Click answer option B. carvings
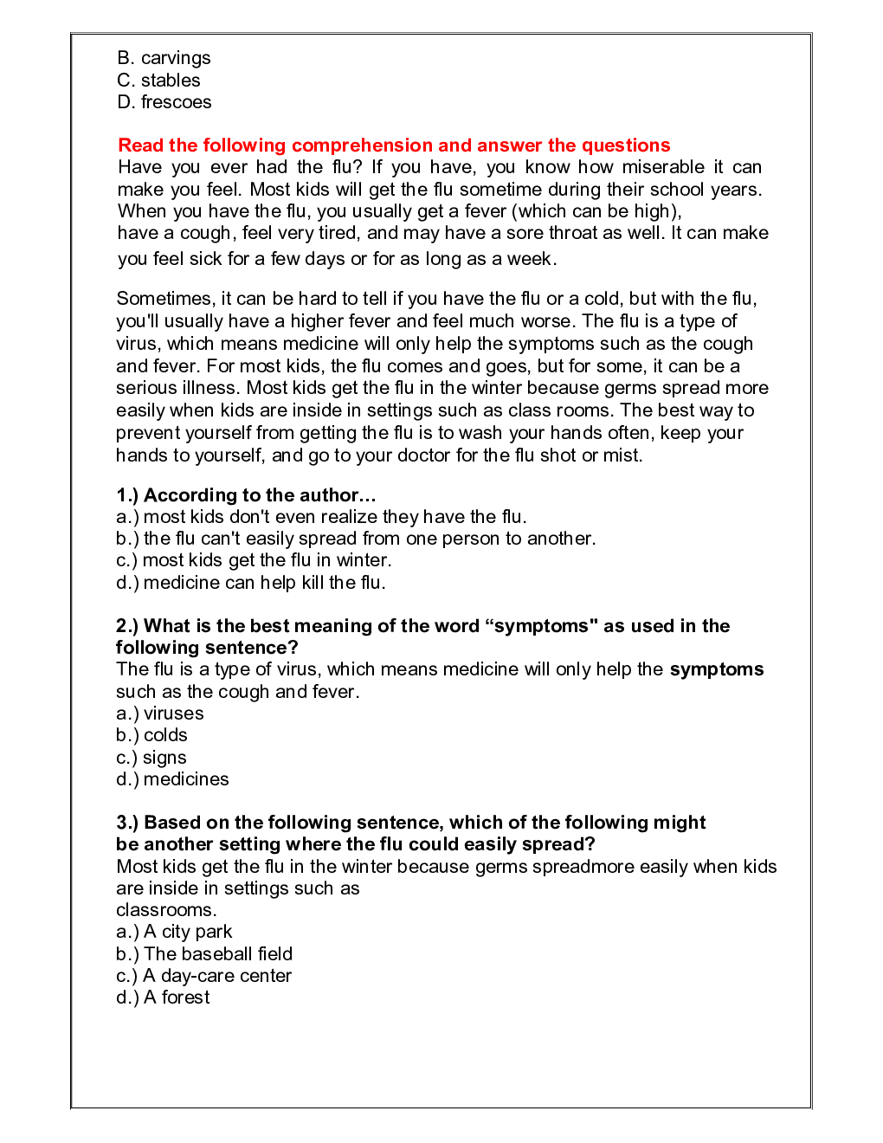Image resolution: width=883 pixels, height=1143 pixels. point(164,58)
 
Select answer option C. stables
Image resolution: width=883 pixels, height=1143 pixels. point(158,81)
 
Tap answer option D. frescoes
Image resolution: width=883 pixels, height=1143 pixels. point(164,102)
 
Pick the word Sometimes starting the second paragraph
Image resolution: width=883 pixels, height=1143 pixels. point(164,299)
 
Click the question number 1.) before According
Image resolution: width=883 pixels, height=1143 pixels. point(127,495)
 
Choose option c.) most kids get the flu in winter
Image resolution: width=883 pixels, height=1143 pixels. point(254,560)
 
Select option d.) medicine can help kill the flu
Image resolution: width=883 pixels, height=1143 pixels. point(251,583)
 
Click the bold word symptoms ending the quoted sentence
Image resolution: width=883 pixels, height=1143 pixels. point(717,669)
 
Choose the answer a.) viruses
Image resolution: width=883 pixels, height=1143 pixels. point(160,714)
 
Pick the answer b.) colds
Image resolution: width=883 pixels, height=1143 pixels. point(151,735)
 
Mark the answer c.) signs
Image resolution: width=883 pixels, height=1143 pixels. point(151,758)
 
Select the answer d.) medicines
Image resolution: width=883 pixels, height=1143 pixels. point(172,779)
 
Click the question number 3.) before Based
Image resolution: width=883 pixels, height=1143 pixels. point(127,823)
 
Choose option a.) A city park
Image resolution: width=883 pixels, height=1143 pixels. point(174,932)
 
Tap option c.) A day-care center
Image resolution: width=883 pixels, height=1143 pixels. point(203,976)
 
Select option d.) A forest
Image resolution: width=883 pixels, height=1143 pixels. point(163,998)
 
